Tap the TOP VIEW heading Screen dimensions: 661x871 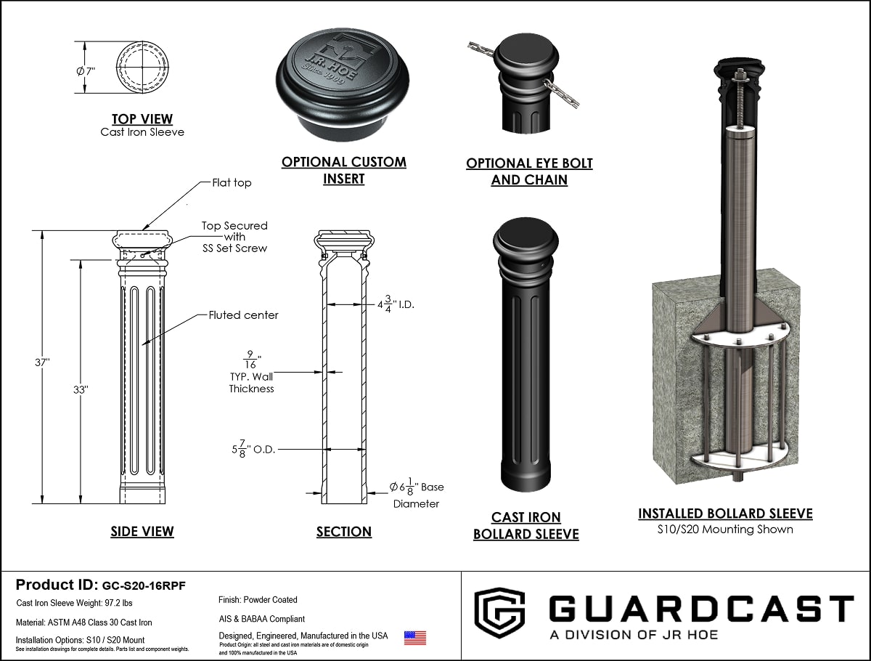point(142,119)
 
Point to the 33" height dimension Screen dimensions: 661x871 point(80,389)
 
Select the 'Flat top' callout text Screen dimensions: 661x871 point(232,183)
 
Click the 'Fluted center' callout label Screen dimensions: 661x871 point(244,315)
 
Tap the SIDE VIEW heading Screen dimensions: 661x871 point(142,532)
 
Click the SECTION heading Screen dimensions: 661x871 point(344,532)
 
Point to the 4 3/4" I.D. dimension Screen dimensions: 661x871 point(396,304)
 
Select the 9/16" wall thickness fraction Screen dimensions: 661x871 point(251,359)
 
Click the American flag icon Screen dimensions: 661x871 point(415,638)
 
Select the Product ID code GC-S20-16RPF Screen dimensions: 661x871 point(144,585)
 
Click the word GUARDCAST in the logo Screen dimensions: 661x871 point(700,609)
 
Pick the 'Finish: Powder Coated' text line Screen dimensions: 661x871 point(258,600)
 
